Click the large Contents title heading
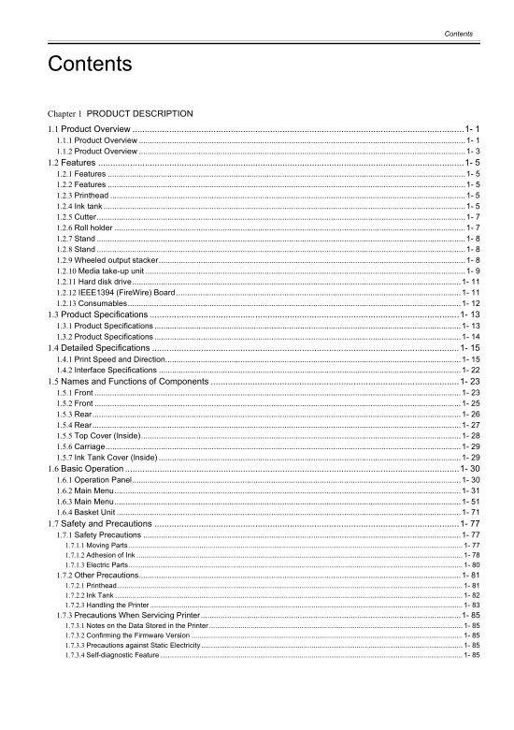point(90,65)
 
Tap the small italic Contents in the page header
point(458,34)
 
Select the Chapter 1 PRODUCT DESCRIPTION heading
point(122,113)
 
